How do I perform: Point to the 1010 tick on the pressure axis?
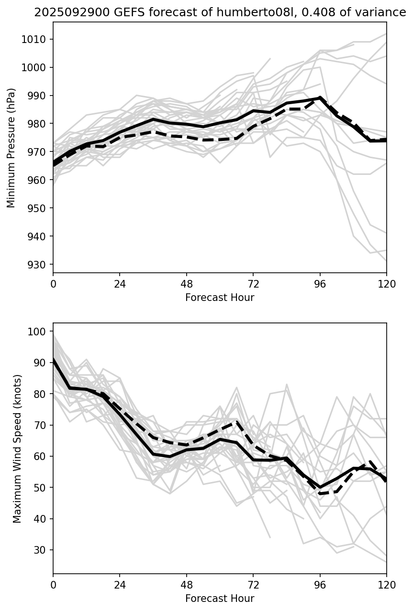pyautogui.click(x=36, y=39)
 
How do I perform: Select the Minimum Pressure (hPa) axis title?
pyautogui.click(x=11, y=148)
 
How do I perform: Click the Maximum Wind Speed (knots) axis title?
pyautogui.click(x=17, y=449)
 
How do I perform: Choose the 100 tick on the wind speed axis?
pyautogui.click(x=39, y=332)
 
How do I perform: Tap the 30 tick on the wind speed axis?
pyautogui.click(x=41, y=550)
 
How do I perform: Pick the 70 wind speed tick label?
pyautogui.click(x=41, y=425)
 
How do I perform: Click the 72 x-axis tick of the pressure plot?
pyautogui.click(x=253, y=284)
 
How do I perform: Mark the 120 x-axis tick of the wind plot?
pyautogui.click(x=386, y=585)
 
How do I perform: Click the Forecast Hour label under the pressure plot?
pyautogui.click(x=220, y=298)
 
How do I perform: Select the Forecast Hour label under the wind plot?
pyautogui.click(x=220, y=599)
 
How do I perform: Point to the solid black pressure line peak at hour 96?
pyautogui.click(x=320, y=97)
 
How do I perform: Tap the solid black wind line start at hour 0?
pyautogui.click(x=54, y=359)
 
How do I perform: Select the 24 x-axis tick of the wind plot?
pyautogui.click(x=120, y=585)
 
